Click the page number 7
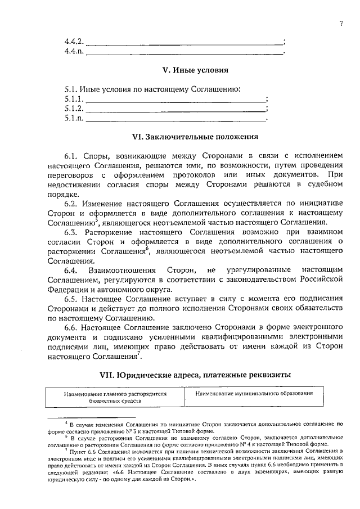pos(341,23)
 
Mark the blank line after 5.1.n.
pos(175,119)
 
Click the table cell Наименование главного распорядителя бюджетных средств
pos(115,398)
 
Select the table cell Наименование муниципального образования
pos(254,394)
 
